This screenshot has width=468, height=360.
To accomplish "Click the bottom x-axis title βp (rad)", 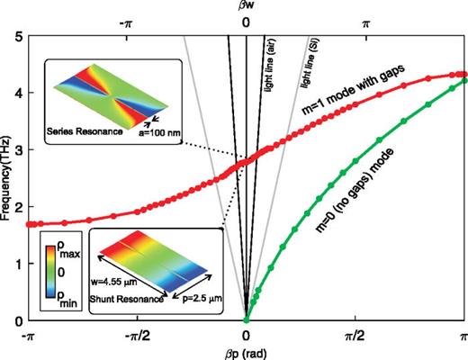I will tap(246, 352).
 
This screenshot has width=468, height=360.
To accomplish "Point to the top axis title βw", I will tap(246, 7).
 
